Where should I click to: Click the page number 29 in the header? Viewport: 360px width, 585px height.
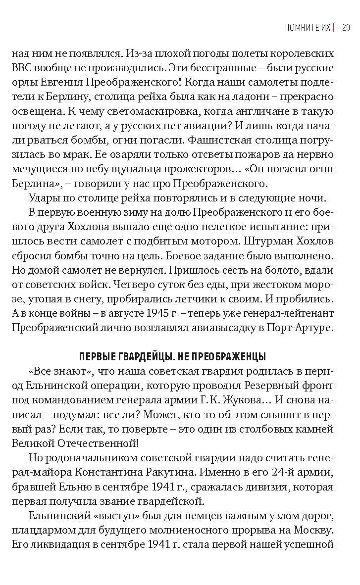346,27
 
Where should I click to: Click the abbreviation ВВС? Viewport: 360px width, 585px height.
22,68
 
